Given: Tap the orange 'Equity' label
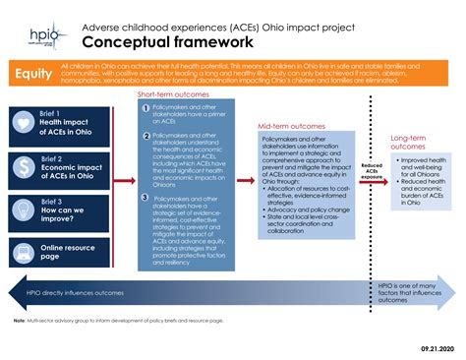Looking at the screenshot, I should tap(32, 75).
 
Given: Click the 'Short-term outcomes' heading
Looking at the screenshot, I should tap(178, 93).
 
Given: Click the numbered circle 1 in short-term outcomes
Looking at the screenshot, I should tap(146, 107).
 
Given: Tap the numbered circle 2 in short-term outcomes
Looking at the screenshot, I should tap(146, 136).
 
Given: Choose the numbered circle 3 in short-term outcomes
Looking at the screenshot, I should tap(146, 199).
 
